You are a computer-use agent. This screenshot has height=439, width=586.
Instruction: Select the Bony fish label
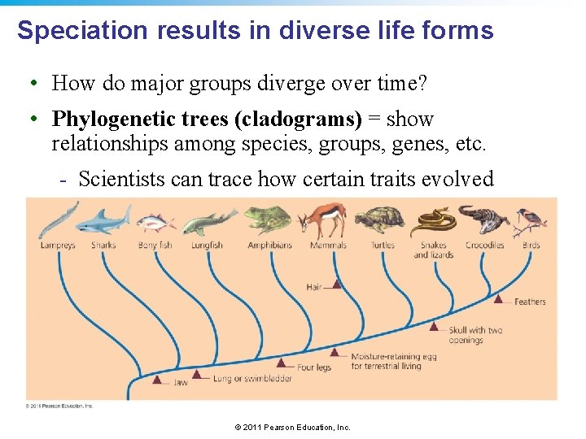155,245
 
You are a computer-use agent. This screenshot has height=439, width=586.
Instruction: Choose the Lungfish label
208,245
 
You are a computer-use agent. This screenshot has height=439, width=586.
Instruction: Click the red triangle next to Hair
337,285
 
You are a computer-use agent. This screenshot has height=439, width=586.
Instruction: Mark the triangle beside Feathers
499,299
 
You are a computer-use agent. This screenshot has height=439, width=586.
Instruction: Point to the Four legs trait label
314,367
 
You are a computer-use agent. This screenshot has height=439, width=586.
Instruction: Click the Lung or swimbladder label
252,379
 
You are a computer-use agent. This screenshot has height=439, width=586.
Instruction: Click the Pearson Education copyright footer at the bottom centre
292,427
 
